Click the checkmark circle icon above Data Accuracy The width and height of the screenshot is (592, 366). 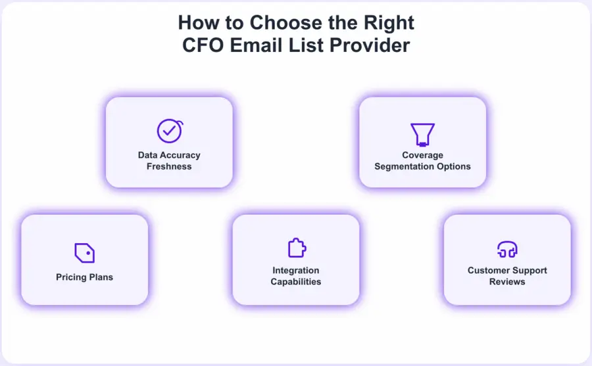point(169,131)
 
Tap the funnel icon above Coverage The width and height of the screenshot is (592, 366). point(422,133)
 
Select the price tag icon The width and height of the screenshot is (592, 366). point(84,252)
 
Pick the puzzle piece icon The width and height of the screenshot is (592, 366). point(296,248)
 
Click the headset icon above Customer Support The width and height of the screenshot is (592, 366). point(507,249)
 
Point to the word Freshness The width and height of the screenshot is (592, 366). point(169,166)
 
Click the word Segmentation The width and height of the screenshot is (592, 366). point(402,166)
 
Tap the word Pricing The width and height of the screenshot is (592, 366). point(71,277)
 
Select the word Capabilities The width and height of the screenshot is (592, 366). point(296,281)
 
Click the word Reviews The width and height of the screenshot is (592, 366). point(507,281)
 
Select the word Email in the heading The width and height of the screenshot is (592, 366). point(255,45)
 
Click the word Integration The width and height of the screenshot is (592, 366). point(296,270)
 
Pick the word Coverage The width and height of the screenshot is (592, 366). point(422,155)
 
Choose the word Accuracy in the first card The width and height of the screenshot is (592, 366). point(181,155)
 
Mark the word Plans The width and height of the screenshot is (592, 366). point(100,277)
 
